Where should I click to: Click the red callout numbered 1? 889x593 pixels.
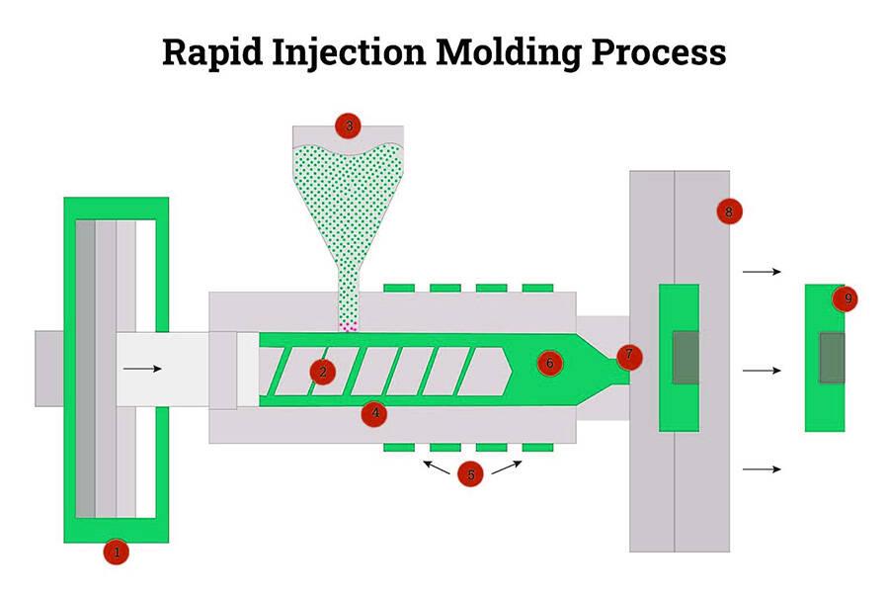[x=117, y=552]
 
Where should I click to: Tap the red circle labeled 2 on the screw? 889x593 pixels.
[x=322, y=371]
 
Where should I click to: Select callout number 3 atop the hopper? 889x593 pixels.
[x=348, y=127]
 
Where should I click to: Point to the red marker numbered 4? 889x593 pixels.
[x=372, y=412]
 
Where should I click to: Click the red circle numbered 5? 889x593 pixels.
[x=471, y=474]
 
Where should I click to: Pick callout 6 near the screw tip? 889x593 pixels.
[x=550, y=363]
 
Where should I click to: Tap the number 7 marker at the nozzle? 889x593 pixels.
[x=628, y=355]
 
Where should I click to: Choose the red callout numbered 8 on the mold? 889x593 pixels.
[x=729, y=211]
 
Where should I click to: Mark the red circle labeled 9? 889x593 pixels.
[x=845, y=298]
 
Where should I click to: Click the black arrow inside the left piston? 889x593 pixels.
[x=142, y=369]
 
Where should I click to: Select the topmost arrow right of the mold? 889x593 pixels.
[x=762, y=271]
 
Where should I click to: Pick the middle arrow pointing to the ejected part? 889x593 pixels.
[x=762, y=371]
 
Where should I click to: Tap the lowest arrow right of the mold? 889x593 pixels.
[x=762, y=468]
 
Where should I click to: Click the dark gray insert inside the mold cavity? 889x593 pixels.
[x=685, y=357]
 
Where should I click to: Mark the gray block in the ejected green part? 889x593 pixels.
[x=833, y=357]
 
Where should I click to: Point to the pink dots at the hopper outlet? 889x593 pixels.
[x=348, y=326]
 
